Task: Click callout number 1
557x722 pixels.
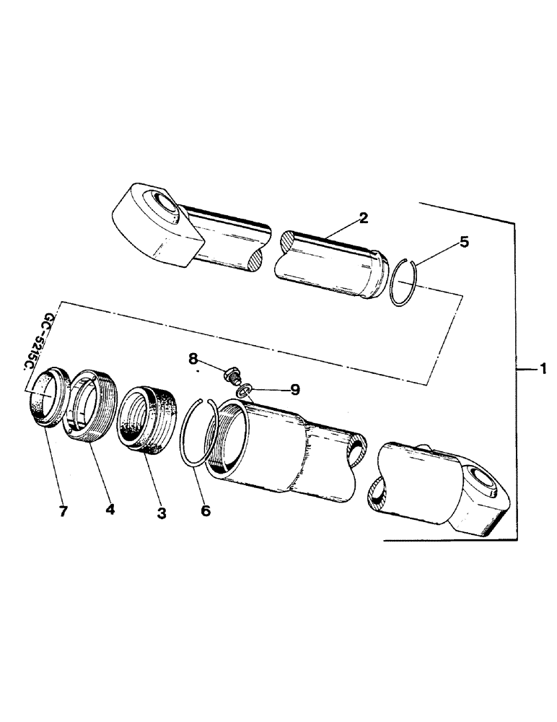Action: coord(543,369)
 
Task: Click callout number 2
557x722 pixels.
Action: coord(364,217)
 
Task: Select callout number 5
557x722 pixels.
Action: coord(464,242)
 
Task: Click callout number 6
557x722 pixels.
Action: coord(206,510)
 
